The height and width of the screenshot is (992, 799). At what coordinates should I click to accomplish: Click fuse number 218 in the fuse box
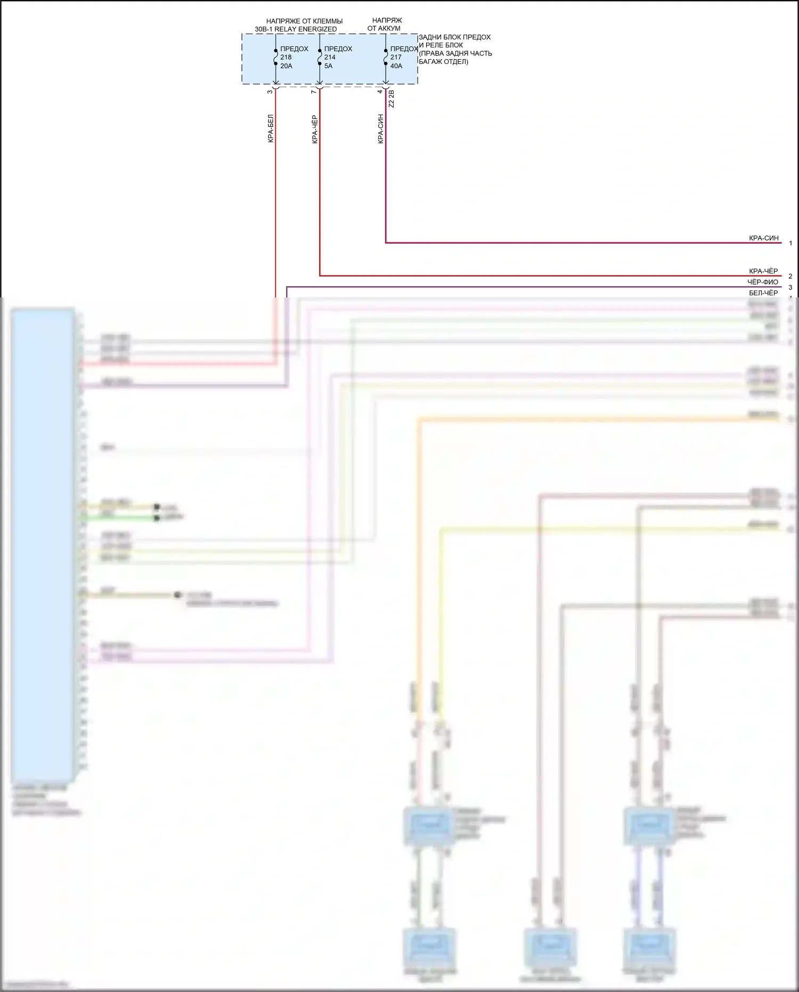point(286,58)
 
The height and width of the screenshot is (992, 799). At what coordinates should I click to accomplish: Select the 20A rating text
point(286,66)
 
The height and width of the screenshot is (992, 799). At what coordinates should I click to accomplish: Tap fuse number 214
point(330,58)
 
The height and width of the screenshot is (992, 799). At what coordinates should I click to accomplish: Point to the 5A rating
point(328,66)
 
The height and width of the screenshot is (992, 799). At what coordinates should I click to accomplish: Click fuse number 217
point(396,58)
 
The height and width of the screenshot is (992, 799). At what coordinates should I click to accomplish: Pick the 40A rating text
point(396,66)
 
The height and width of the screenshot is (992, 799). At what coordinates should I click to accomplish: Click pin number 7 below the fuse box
point(314,92)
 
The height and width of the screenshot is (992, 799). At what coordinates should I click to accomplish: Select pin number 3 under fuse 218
point(270,92)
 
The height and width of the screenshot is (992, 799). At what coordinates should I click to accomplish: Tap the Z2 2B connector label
point(392,99)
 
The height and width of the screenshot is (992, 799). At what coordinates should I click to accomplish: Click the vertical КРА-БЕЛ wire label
point(271,128)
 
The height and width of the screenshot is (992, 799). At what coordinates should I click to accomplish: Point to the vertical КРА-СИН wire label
point(380,128)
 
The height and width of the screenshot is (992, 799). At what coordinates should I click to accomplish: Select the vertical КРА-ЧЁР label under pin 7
point(315,130)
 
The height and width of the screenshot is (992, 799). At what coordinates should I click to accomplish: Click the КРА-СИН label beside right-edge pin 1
point(763,238)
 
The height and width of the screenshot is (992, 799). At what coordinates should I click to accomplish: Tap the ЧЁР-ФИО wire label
point(762,282)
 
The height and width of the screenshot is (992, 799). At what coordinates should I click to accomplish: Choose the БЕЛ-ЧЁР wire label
point(763,293)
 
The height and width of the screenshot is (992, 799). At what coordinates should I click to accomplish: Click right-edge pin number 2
point(790,276)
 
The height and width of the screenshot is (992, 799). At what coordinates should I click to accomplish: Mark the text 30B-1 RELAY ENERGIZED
point(296,29)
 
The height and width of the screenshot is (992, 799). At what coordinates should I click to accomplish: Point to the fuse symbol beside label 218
point(276,57)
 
